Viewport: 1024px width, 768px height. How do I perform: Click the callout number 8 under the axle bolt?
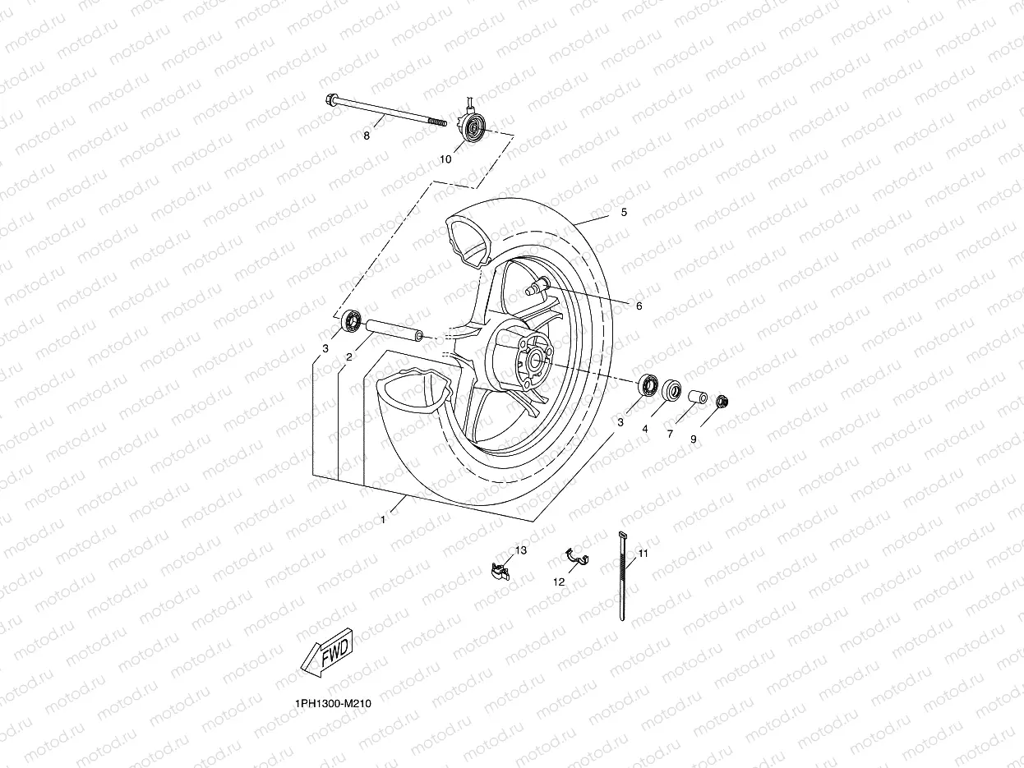pos(367,136)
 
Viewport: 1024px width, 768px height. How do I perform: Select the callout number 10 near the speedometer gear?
pos(445,159)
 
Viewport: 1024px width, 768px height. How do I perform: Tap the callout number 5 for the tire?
pos(624,213)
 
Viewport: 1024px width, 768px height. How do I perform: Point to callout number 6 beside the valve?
pos(639,306)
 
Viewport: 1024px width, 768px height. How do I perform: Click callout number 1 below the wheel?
pos(383,519)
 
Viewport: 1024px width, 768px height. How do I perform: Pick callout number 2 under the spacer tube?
pos(348,357)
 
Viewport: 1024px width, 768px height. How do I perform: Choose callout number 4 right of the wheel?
pos(645,429)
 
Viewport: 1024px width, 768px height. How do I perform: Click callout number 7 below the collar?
pos(670,434)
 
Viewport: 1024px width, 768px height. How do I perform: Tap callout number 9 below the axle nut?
pos(693,439)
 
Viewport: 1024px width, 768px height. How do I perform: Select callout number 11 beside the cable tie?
pos(643,554)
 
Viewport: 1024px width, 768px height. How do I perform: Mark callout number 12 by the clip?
pos(559,582)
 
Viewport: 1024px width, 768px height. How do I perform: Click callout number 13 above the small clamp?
pos(521,550)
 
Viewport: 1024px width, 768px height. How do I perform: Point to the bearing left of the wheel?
pos(353,320)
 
